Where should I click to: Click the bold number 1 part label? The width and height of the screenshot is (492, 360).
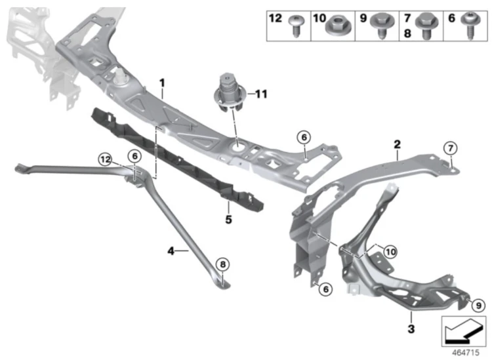pos(162,83)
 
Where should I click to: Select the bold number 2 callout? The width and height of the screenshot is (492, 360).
pos(398,144)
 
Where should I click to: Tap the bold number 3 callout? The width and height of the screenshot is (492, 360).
pos(411,329)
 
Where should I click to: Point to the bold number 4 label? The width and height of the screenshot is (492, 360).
pos(171,251)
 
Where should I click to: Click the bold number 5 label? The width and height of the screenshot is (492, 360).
pos(228,220)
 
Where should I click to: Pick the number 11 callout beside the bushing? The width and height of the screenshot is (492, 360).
pos(261,94)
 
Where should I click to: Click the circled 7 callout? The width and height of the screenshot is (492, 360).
pos(451,148)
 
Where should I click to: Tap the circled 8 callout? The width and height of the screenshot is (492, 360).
pos(223,264)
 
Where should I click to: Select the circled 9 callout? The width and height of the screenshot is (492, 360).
pos(478,305)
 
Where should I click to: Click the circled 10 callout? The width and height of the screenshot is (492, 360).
pos(390,252)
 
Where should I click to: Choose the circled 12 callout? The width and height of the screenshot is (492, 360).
pos(105,159)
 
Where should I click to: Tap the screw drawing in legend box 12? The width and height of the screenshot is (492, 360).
pos(295,26)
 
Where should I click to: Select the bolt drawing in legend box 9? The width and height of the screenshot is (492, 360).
pos(382,26)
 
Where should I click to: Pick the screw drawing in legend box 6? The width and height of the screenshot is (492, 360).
pos(470,26)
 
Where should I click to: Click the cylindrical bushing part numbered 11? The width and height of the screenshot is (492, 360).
pos(228,93)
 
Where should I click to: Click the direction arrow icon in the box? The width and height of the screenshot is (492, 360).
pos(463,331)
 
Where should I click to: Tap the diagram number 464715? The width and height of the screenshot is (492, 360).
pos(465,353)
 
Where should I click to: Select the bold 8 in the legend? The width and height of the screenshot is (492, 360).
pos(407,33)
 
